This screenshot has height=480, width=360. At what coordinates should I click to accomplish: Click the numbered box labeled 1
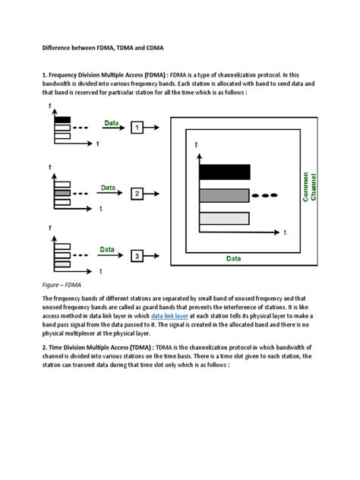coord(137,128)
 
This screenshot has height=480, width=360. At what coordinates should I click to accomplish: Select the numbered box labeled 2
coord(137,194)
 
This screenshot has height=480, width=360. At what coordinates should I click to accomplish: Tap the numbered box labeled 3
coord(137,257)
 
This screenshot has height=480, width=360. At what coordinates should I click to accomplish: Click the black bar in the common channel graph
coord(224,171)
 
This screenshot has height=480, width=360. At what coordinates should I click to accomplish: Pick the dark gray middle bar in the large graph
coord(224,195)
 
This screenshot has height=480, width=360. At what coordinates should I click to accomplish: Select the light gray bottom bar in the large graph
coord(224,219)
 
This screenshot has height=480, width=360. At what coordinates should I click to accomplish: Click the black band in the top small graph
coord(62,120)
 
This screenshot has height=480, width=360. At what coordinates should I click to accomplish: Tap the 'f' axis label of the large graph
coord(197,144)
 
